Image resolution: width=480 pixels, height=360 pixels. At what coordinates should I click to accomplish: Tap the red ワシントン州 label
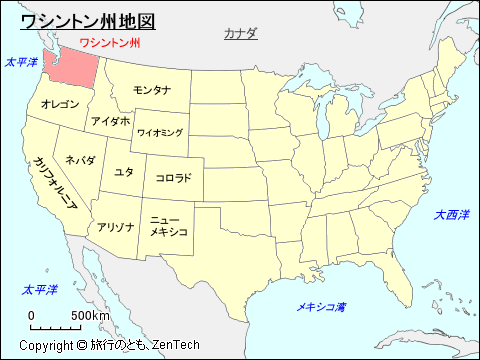(x=109, y=43)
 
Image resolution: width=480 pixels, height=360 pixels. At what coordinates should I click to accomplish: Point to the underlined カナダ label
(x=240, y=33)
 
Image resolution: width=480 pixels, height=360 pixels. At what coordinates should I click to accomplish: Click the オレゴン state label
(x=59, y=104)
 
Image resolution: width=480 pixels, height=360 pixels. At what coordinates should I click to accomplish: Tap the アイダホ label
(x=110, y=121)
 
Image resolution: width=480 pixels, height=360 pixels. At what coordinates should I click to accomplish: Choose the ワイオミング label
(x=160, y=132)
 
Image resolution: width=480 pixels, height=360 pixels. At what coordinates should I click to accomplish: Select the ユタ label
(x=124, y=172)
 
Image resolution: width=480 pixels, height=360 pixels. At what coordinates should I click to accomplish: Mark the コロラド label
(x=174, y=178)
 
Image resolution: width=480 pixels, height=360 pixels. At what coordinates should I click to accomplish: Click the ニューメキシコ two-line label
(x=168, y=225)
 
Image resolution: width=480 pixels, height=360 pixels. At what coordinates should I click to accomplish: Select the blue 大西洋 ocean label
(x=451, y=215)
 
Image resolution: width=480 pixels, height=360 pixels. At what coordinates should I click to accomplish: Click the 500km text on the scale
(x=90, y=316)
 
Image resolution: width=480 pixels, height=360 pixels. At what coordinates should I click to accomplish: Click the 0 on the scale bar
(x=32, y=316)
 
